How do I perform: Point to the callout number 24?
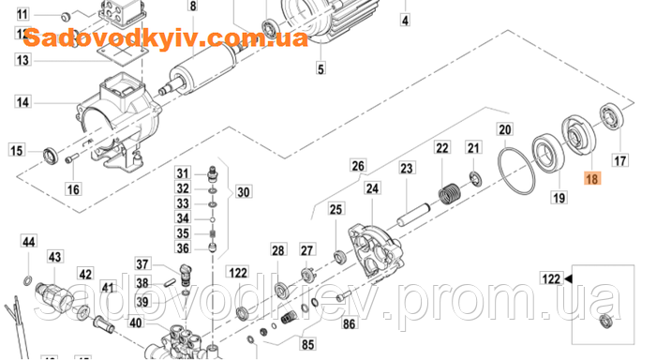[373, 188]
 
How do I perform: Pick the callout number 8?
[193, 7]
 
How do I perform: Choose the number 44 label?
[29, 243]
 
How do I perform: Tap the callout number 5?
[321, 68]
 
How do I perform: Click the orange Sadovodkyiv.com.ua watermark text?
[165, 39]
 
